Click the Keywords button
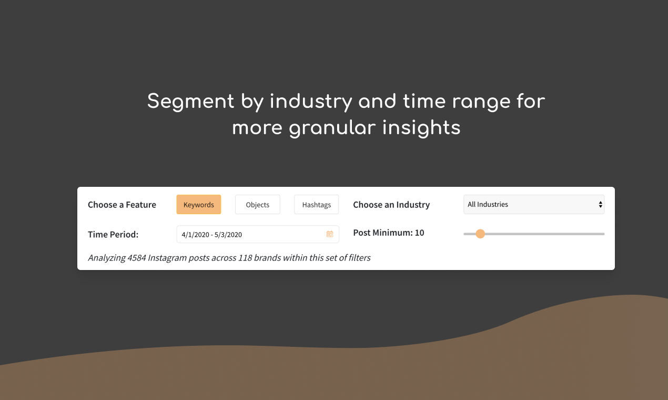[198, 205]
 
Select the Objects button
[257, 205]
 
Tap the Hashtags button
[316, 205]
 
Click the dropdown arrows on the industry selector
[600, 205]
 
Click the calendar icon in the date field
[330, 234]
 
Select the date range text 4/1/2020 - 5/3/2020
[211, 235]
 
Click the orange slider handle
[480, 234]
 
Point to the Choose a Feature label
[122, 205]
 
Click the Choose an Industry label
[391, 205]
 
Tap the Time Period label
[113, 235]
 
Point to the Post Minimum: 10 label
[389, 233]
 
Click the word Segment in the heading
[190, 101]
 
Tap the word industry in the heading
[311, 101]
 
